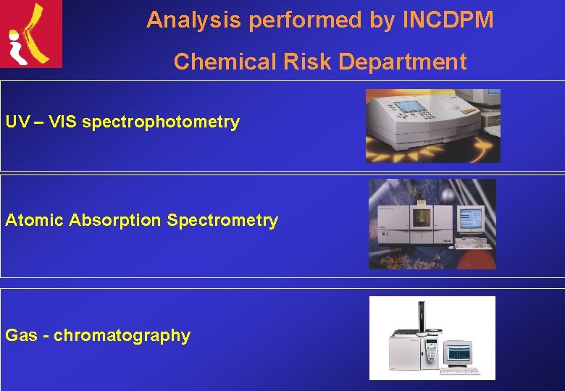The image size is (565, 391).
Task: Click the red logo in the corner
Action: point(31,34)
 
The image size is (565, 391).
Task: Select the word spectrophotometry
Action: point(161,122)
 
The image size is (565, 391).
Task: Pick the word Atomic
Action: point(35,220)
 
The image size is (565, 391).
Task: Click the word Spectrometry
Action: point(222,220)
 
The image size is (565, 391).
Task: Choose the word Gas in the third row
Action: point(22,335)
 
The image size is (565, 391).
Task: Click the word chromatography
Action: point(122,335)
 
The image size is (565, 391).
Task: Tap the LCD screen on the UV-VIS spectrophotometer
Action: point(411,106)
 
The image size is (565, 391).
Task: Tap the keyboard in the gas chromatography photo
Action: point(460,371)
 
